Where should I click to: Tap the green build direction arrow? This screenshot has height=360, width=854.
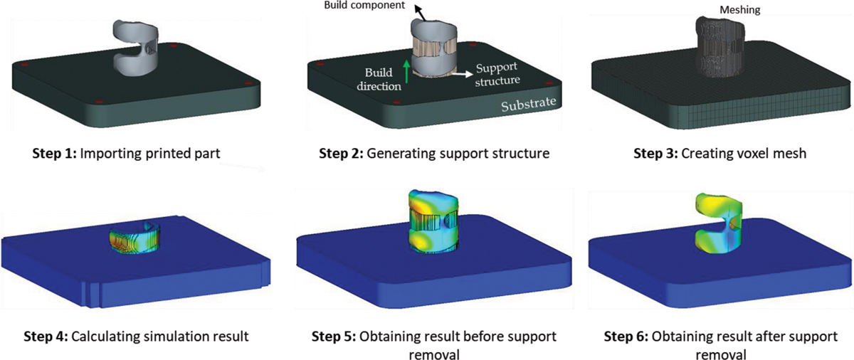tap(406, 72)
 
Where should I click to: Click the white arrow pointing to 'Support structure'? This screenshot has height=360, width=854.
tap(463, 72)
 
